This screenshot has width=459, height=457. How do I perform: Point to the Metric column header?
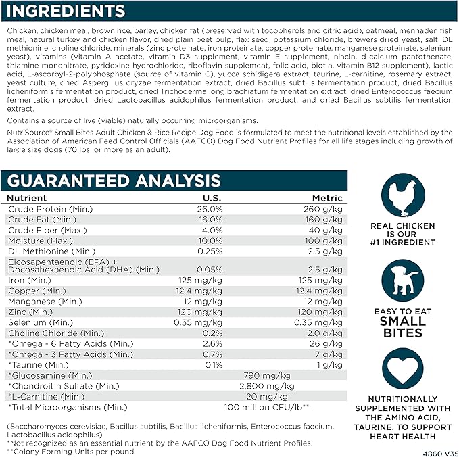(x=327, y=198)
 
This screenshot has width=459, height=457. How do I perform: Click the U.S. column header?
(x=213, y=198)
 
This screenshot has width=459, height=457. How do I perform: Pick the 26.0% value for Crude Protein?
(x=211, y=209)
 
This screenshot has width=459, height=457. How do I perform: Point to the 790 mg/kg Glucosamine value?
(x=266, y=375)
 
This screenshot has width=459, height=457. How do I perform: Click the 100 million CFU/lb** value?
(x=267, y=407)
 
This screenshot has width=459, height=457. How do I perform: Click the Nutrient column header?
(x=28, y=198)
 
